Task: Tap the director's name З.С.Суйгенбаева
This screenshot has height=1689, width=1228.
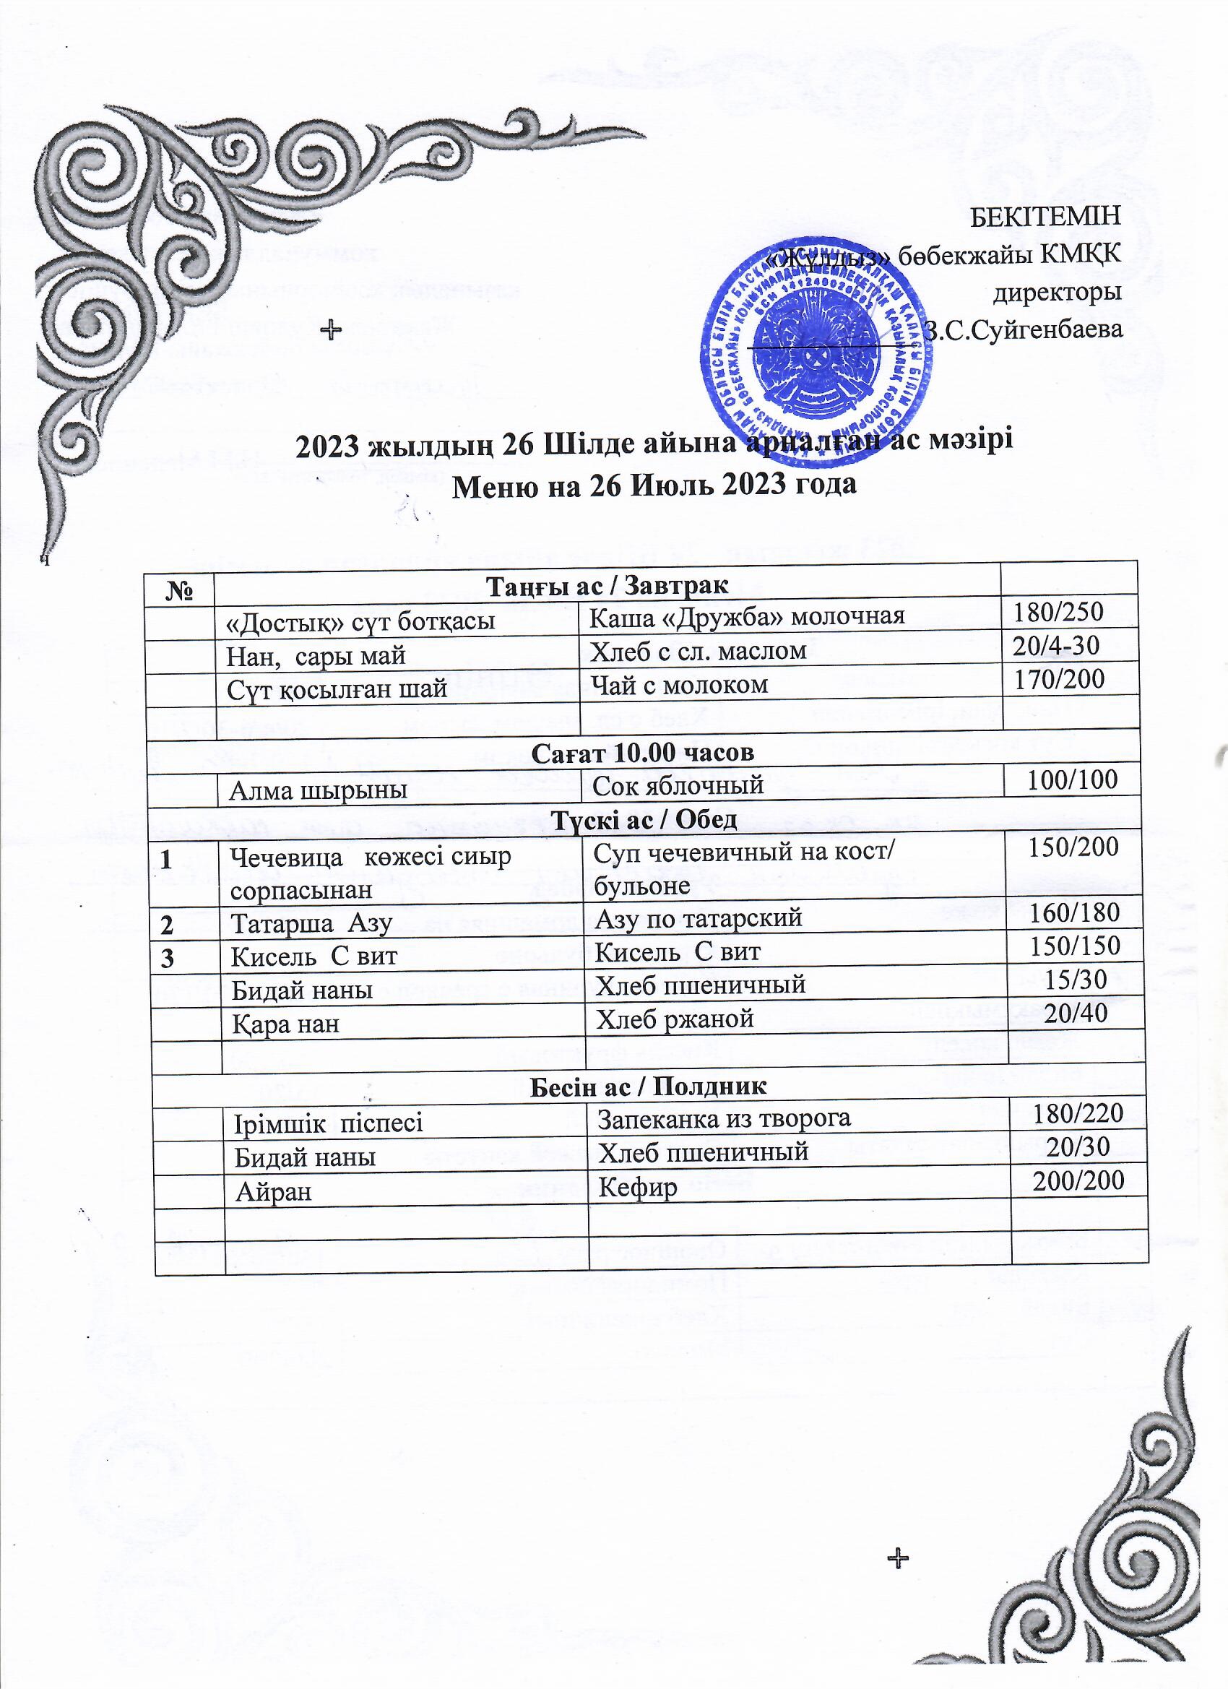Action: point(1024,329)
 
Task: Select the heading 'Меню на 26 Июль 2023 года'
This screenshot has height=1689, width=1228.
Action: point(654,485)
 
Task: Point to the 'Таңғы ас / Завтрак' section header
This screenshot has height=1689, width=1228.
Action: point(607,585)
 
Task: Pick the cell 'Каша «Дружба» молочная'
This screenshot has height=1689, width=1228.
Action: point(748,615)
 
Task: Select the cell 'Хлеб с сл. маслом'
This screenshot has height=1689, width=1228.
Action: point(699,651)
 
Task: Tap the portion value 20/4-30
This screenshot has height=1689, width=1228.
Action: point(1056,646)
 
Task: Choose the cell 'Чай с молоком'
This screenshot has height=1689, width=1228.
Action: point(679,684)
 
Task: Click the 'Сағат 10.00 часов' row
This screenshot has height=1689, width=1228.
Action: point(643,752)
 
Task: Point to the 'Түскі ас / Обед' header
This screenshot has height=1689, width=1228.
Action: point(647,819)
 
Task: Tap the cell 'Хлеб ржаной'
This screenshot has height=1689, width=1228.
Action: point(675,1018)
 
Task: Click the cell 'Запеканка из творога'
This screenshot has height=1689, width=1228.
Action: point(725,1118)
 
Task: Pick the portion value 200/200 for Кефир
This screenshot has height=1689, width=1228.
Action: point(1078,1180)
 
